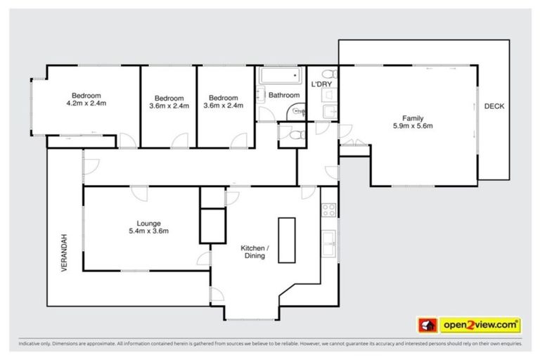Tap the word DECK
(494, 106)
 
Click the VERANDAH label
(63, 253)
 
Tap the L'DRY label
(321, 85)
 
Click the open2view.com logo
(480, 324)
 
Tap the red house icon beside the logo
(426, 324)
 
